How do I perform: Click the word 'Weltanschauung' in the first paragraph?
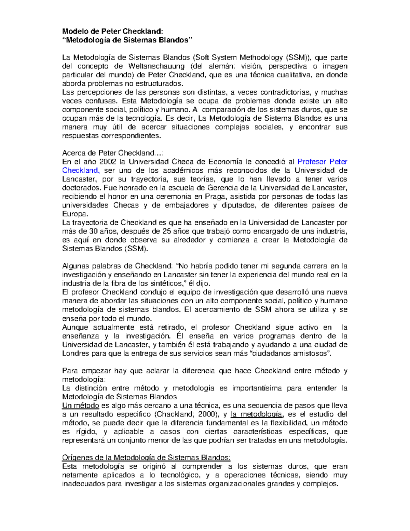point(156,66)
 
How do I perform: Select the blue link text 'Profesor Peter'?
point(322,162)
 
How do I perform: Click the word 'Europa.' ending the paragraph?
point(75,214)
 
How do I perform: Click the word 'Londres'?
point(75,353)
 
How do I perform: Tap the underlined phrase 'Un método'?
point(80,406)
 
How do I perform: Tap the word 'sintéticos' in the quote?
point(163,283)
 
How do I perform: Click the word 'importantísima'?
point(257,388)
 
